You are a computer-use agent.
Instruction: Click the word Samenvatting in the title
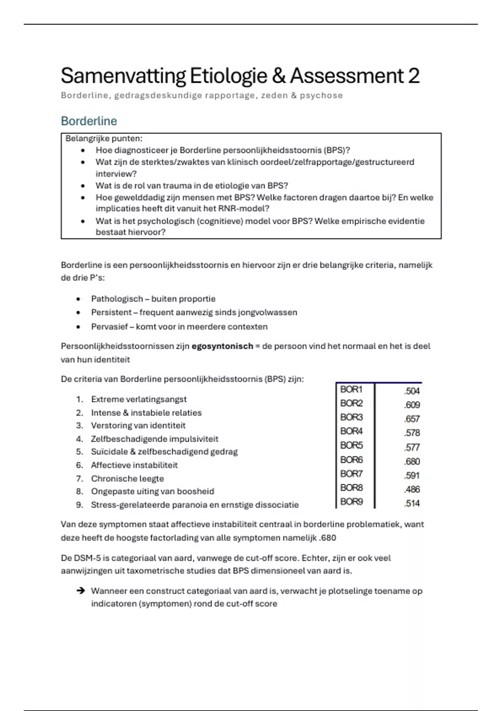point(123,76)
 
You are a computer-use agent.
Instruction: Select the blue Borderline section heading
point(89,121)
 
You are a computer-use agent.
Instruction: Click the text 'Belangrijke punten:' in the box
point(104,138)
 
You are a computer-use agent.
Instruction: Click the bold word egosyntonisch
point(222,346)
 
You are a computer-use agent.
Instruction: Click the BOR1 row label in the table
point(351,389)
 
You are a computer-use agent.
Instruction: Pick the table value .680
point(412,461)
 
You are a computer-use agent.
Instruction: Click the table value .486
point(412,489)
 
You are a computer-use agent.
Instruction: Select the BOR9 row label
point(351,501)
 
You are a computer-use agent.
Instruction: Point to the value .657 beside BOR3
point(412,419)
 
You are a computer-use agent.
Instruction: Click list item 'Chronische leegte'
point(127,478)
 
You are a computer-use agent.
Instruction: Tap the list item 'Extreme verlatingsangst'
point(139,399)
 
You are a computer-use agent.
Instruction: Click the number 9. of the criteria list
point(79,505)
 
